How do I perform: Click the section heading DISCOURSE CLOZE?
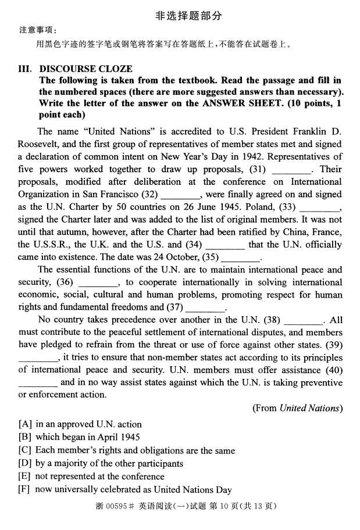tap(85, 69)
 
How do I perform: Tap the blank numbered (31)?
tap(291, 170)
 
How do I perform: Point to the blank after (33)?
tap(320, 207)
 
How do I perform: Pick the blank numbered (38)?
tap(304, 321)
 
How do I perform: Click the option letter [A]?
tap(25, 424)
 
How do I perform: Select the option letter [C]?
tap(25, 450)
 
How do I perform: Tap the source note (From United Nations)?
tap(297, 408)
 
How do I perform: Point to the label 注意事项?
tap(34, 30)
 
